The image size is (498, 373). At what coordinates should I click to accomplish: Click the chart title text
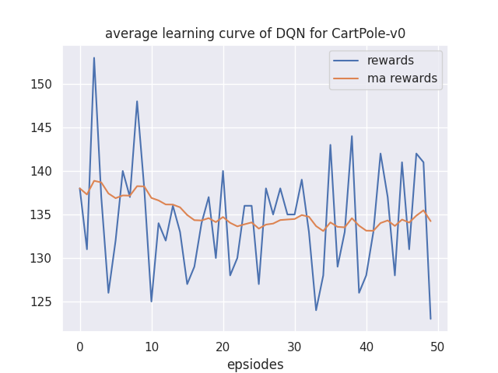pyautogui.click(x=255, y=33)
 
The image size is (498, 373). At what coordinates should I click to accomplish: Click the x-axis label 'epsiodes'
pyautogui.click(x=255, y=364)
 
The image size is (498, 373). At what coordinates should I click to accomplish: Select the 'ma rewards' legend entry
pyautogui.click(x=402, y=78)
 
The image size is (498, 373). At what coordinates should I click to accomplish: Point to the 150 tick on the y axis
pyautogui.click(x=47, y=84)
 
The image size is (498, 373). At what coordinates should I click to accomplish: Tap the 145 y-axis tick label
pyautogui.click(x=47, y=127)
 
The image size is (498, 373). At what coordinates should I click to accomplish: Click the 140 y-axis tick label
pyautogui.click(x=47, y=171)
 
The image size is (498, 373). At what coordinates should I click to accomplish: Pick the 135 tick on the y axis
pyautogui.click(x=47, y=214)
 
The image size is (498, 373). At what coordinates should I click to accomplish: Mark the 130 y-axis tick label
pyautogui.click(x=47, y=258)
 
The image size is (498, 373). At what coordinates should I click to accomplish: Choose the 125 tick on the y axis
pyautogui.click(x=47, y=302)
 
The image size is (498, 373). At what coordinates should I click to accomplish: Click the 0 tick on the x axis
pyautogui.click(x=80, y=346)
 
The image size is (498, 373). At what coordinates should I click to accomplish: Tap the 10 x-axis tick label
pyautogui.click(x=152, y=346)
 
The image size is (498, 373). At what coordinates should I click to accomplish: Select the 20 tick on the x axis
pyautogui.click(x=223, y=346)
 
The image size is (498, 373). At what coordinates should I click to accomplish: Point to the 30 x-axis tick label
pyautogui.click(x=295, y=346)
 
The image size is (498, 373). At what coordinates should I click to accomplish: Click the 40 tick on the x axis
pyautogui.click(x=366, y=346)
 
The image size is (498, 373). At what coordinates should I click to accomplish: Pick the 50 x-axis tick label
pyautogui.click(x=438, y=346)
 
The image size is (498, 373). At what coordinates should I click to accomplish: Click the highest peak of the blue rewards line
pyautogui.click(x=94, y=58)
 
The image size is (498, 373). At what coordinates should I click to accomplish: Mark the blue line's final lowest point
pyautogui.click(x=430, y=319)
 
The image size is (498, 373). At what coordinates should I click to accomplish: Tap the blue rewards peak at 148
pyautogui.click(x=137, y=101)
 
